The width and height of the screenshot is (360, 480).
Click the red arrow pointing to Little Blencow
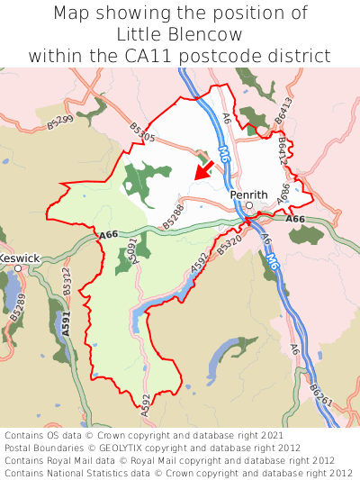pyautogui.click(x=204, y=170)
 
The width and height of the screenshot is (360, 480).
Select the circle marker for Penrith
pyautogui.click(x=249, y=205)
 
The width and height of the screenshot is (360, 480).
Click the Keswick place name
pyautogui.click(x=19, y=258)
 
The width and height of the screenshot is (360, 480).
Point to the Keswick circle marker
pyautogui.click(x=18, y=268)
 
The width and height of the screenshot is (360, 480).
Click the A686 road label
pyautogui.click(x=283, y=195)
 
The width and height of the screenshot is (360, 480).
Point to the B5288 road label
pyautogui.click(x=174, y=215)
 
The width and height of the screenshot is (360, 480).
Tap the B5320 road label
pyautogui.click(x=230, y=240)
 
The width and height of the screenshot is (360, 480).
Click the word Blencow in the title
pyautogui.click(x=209, y=34)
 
